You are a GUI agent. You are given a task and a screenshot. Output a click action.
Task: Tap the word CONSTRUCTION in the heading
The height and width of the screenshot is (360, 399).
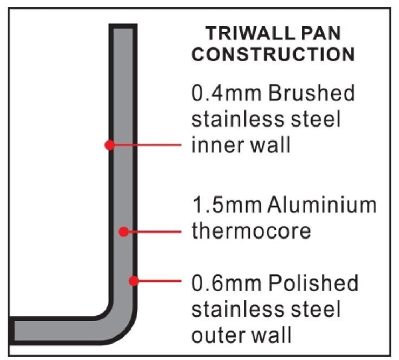[274, 54]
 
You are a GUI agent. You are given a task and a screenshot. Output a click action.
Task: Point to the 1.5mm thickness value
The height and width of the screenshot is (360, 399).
[222, 206]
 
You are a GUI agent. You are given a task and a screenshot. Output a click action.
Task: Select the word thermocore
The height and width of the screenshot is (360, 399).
[252, 232]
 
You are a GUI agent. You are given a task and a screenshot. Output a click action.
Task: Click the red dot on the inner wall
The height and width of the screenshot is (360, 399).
[110, 145]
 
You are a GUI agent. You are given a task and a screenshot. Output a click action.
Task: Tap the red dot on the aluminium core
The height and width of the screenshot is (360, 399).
[124, 232]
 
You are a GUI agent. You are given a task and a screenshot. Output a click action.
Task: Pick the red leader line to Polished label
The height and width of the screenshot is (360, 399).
[160, 280]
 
